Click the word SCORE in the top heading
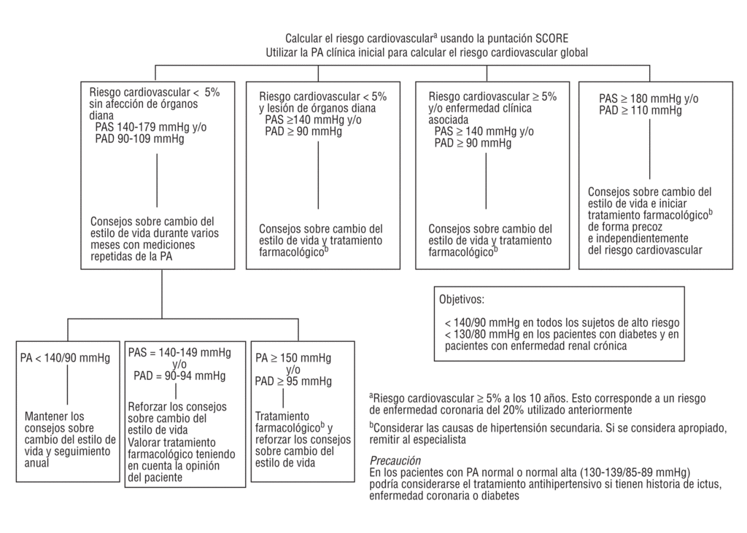pos(551,38)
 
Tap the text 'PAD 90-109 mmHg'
pos(140,138)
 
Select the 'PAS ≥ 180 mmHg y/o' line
pos(649,98)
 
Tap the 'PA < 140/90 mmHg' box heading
pos(66,358)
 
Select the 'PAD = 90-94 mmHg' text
pos(179,376)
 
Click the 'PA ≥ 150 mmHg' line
pos(293,358)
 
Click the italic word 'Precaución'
pos(395,461)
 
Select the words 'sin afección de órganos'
pos(144,104)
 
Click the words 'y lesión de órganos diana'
pos(318,109)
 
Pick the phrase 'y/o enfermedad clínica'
pos(480,109)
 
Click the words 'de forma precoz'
pos(619,227)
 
